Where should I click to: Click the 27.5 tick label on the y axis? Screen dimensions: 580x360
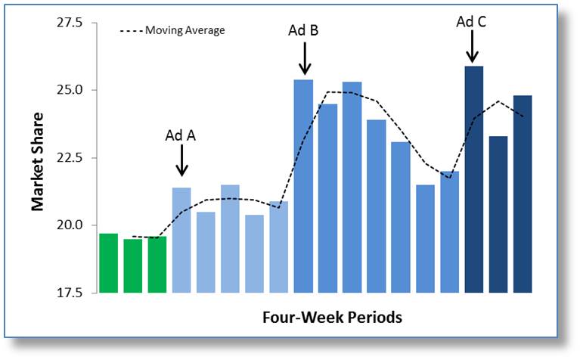(x=70, y=23)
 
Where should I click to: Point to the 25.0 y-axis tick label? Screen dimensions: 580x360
(x=70, y=90)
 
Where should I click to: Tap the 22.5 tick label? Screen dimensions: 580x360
(x=70, y=157)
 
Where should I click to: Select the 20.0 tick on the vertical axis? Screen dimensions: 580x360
(x=70, y=225)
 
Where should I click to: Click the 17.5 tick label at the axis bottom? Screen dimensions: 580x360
(x=70, y=293)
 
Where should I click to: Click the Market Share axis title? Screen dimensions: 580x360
(x=37, y=162)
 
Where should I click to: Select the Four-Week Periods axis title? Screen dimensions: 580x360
(x=332, y=318)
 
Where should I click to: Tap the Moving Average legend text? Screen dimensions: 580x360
(x=185, y=30)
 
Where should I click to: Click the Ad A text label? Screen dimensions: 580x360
(x=181, y=136)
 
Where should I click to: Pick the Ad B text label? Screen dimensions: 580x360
(x=303, y=30)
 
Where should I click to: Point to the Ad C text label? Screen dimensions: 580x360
(x=471, y=22)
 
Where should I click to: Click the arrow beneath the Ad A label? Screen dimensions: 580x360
(x=181, y=160)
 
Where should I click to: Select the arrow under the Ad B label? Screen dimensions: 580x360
(x=305, y=58)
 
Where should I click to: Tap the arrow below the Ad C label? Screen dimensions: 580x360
(x=472, y=47)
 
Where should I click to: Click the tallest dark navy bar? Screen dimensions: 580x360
(x=474, y=179)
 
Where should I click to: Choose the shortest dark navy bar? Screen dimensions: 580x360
(x=498, y=215)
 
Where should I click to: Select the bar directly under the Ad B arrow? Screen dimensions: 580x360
(x=303, y=186)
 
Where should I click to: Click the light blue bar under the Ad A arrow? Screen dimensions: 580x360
(x=181, y=240)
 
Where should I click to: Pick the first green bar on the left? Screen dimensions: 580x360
(x=109, y=263)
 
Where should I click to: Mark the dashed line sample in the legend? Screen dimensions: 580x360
(x=132, y=31)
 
